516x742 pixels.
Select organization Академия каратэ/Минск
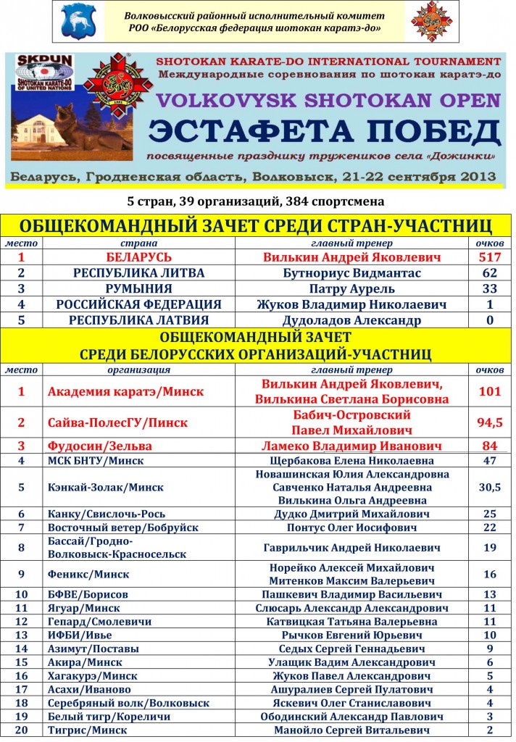click(x=125, y=391)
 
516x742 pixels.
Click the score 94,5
click(x=490, y=422)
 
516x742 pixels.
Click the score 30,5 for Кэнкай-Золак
click(x=490, y=488)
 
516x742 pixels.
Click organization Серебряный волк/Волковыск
click(x=128, y=703)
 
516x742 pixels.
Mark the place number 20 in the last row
click(x=21, y=730)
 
